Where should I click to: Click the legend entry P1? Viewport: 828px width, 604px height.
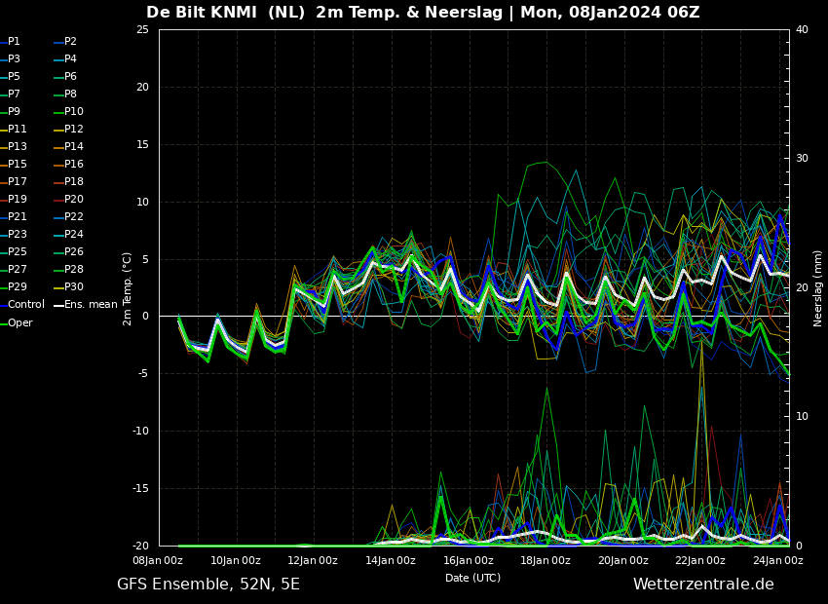(x=14, y=42)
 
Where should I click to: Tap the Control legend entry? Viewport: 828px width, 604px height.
(x=25, y=305)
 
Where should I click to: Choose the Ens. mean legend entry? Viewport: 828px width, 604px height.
(x=90, y=305)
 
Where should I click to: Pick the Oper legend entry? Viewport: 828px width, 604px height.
(x=19, y=322)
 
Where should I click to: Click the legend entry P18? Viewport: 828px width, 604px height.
(x=73, y=182)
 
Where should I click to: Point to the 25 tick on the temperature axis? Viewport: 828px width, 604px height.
(x=142, y=29)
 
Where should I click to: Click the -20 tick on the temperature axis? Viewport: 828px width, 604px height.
(x=139, y=546)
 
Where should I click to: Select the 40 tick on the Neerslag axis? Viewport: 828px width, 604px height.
(x=802, y=29)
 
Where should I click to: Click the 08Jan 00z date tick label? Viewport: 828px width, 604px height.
(x=158, y=560)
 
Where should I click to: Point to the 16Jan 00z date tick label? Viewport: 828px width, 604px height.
(x=469, y=560)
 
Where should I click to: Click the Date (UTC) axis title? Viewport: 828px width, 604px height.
(x=473, y=578)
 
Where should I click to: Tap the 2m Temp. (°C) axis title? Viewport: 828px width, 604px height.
(x=128, y=288)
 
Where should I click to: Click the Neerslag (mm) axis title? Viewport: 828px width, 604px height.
(x=818, y=288)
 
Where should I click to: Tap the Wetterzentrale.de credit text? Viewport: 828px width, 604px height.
(x=703, y=585)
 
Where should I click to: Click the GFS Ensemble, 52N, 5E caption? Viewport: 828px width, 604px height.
(x=208, y=585)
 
